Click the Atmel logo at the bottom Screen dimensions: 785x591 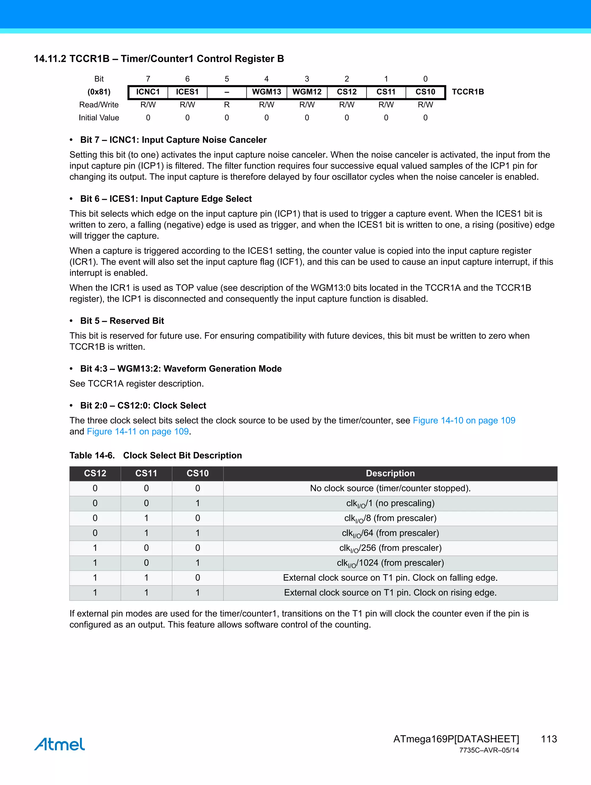(59, 744)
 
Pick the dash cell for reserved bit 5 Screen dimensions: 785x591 (227, 92)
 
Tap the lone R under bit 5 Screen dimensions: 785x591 (227, 105)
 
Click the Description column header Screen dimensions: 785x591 (390, 473)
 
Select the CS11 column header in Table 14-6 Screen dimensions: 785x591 (146, 473)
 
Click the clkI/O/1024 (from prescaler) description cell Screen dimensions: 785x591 (390, 563)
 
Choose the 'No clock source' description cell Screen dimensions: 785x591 (390, 488)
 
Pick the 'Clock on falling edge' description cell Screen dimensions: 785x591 (390, 578)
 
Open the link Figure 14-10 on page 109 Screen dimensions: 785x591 (464, 421)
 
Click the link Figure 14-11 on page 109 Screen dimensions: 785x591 (138, 432)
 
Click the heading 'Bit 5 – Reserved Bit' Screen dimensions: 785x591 (122, 321)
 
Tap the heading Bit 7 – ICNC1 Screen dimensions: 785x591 (173, 140)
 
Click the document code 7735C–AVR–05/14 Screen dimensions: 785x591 (489, 750)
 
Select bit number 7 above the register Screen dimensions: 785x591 (148, 79)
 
